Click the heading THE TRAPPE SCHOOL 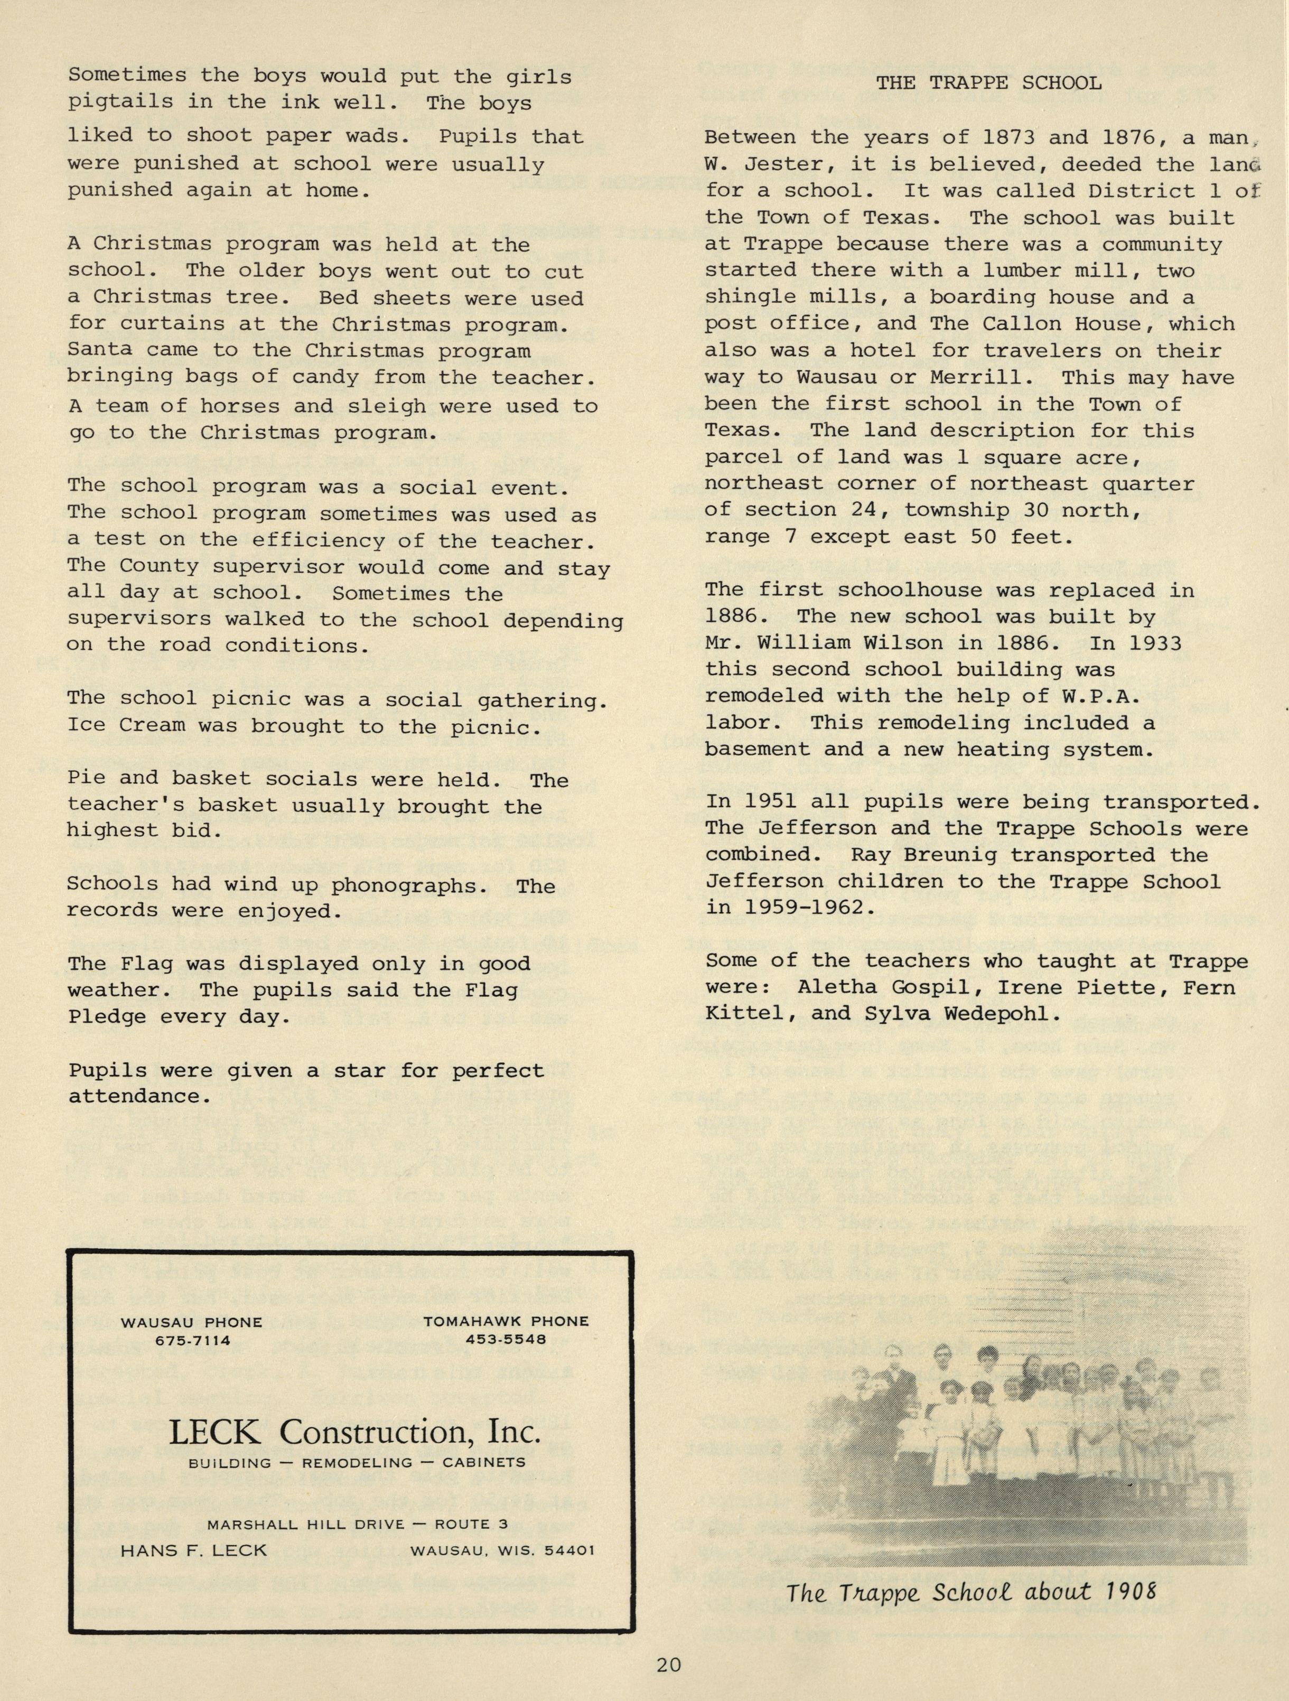click(x=988, y=83)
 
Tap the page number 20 click(x=668, y=1665)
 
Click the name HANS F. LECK click(x=194, y=1550)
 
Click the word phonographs click(x=408, y=885)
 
